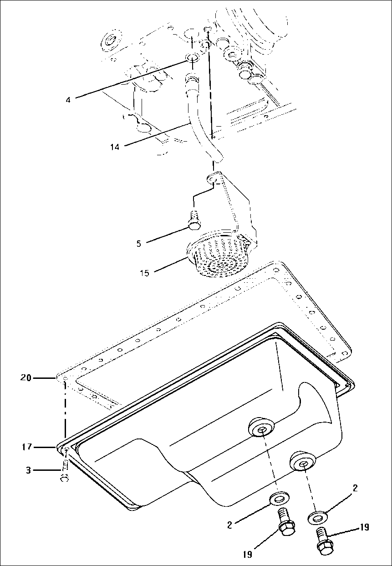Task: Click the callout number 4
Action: click(68, 99)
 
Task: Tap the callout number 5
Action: click(138, 244)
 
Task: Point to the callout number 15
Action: click(145, 273)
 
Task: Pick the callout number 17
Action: click(27, 447)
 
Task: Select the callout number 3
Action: click(28, 470)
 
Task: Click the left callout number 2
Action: click(230, 525)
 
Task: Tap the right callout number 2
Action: click(355, 489)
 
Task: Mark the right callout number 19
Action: click(364, 528)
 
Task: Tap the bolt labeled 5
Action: click(194, 219)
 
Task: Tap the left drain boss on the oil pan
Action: click(261, 428)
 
